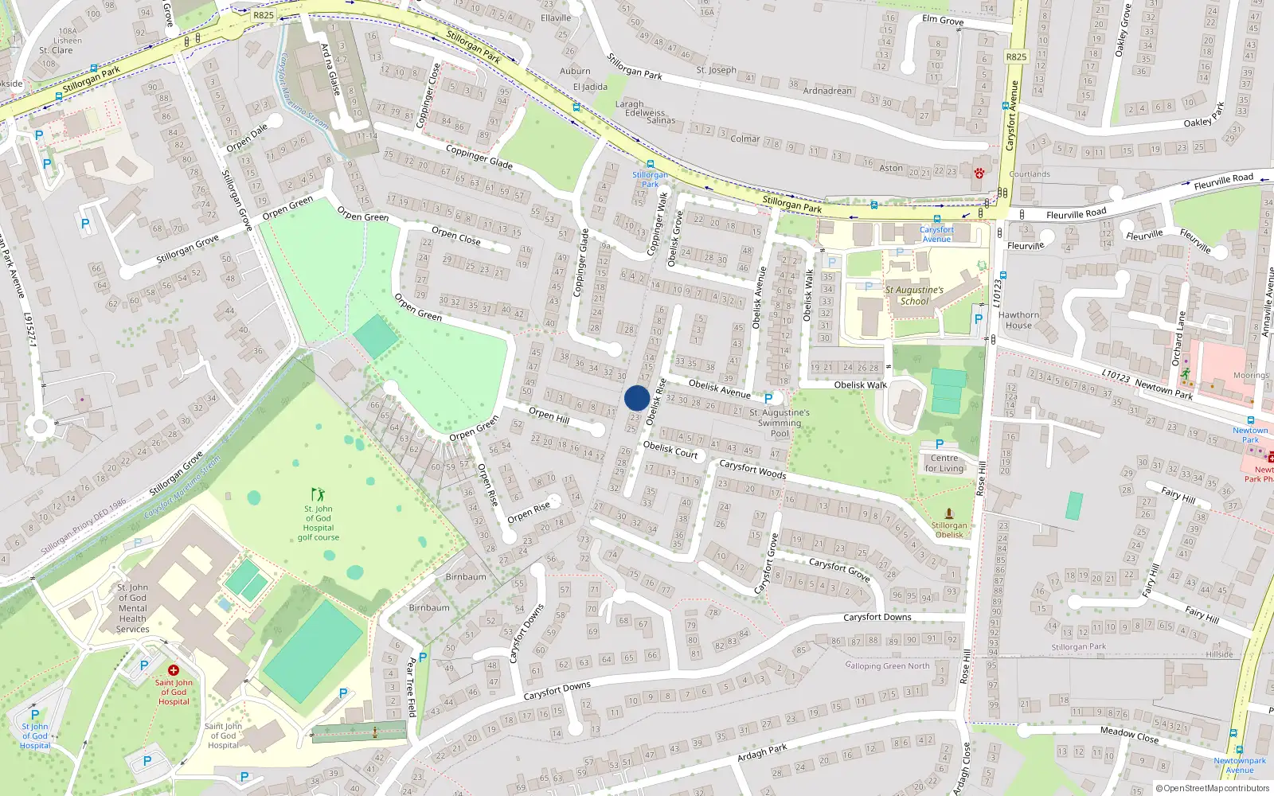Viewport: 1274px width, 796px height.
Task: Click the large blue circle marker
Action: (x=637, y=398)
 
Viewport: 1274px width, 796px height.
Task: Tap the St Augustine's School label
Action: (x=914, y=295)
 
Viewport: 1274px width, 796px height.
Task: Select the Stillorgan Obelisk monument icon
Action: (x=948, y=513)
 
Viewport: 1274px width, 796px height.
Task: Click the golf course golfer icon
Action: (x=318, y=494)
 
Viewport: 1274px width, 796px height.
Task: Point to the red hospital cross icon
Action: (x=174, y=670)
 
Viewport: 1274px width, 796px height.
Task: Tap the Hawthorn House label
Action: (x=1018, y=320)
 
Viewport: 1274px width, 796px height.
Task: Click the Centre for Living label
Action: (x=944, y=463)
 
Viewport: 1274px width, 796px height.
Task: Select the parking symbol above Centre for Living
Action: (x=940, y=445)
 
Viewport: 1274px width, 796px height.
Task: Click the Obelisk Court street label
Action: (x=670, y=451)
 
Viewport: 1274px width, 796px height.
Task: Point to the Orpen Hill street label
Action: (x=549, y=416)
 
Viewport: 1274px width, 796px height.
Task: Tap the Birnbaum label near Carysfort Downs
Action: (x=429, y=607)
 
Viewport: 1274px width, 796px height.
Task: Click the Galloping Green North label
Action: (x=887, y=665)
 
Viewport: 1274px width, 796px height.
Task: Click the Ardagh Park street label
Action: (x=762, y=752)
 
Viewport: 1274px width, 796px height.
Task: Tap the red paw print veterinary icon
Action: (x=979, y=173)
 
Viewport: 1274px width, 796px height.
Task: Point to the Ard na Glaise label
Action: (x=330, y=69)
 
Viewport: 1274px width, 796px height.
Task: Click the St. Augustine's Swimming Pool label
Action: (x=780, y=423)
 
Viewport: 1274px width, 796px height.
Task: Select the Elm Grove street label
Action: (x=943, y=20)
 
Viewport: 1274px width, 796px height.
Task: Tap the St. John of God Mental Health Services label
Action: (x=132, y=608)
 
